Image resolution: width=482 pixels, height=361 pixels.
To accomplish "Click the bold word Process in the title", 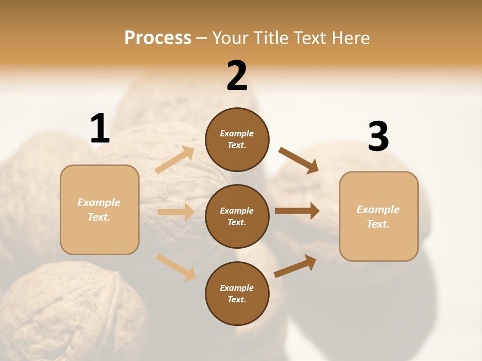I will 158,38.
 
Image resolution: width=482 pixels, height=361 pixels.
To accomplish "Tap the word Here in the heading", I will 350,38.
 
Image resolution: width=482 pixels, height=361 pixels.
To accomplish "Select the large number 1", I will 100,128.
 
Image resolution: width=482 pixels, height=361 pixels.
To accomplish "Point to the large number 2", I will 237,76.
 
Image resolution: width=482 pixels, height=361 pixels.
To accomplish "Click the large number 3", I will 378,136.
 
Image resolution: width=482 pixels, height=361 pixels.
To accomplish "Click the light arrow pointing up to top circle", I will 175,160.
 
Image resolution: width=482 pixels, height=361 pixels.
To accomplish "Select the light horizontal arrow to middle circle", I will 176,212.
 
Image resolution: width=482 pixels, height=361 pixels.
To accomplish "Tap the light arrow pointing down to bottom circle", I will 176,267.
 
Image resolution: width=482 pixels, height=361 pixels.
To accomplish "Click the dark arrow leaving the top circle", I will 298,160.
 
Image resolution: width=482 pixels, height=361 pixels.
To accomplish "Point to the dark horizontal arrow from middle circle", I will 297,211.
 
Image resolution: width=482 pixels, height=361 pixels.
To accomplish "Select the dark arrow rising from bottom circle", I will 295,266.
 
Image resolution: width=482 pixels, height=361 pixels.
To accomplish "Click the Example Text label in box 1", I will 99,210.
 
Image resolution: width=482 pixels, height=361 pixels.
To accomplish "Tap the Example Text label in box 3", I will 378,217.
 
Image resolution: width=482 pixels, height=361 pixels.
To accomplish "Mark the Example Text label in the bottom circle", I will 237,294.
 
